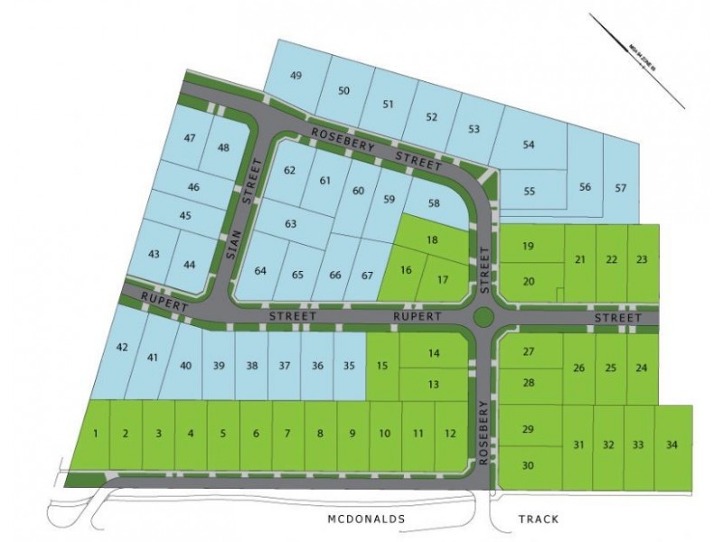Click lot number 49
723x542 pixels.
point(296,75)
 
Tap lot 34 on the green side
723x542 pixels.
point(670,444)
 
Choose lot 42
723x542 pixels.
point(123,347)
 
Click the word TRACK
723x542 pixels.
point(539,519)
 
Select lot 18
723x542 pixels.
point(432,239)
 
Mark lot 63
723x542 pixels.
point(290,223)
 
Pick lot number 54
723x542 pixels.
point(530,145)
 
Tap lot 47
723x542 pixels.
point(190,138)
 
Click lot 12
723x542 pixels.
point(450,435)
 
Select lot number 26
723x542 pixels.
point(579,368)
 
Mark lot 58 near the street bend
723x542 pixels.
point(434,203)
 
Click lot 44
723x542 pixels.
point(189,265)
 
